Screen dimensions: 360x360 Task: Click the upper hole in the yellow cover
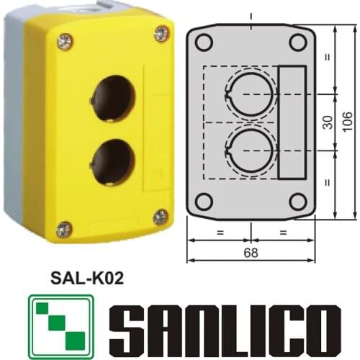point(113,98)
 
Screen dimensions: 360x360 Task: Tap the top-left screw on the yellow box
point(65,42)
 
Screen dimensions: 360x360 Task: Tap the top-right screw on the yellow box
point(161,34)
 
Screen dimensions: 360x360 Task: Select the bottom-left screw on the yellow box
point(64,229)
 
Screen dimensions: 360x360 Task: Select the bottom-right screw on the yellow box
point(161,217)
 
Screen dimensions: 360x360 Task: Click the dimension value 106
point(348,122)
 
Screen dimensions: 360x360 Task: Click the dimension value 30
point(327,122)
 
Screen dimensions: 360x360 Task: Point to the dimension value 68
point(251,253)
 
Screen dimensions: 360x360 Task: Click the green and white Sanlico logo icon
point(61,327)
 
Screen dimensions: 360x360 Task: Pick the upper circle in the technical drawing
point(250,92)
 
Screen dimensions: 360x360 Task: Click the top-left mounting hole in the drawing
point(204,42)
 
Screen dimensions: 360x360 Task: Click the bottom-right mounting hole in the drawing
point(297,201)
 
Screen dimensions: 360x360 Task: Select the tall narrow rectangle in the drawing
point(292,122)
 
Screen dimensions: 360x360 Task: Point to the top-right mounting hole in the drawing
point(297,42)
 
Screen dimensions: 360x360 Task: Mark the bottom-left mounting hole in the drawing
point(204,201)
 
